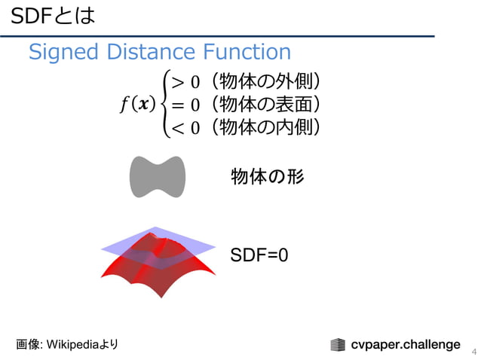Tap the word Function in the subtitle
tap(246, 52)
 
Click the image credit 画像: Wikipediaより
tap(67, 344)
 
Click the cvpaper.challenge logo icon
tap(338, 345)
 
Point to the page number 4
tap(473, 352)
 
